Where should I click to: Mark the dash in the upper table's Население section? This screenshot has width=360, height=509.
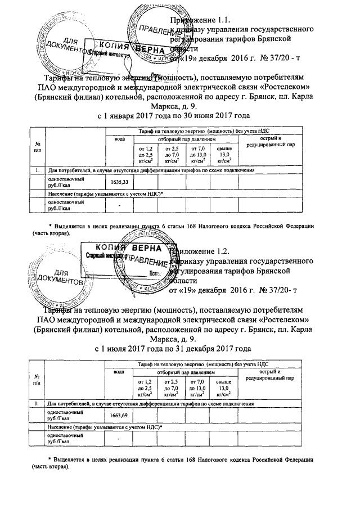point(119,205)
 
